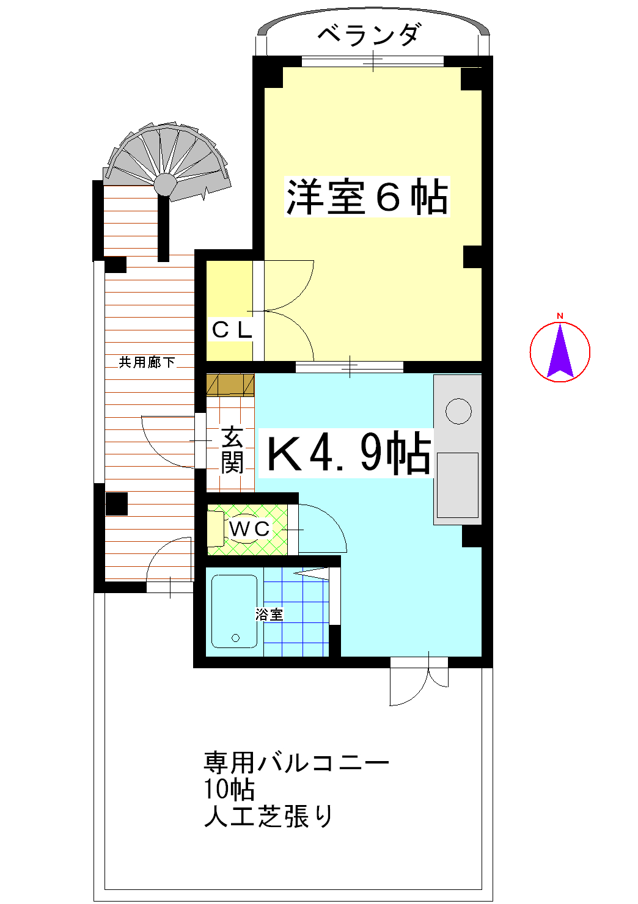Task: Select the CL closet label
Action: (232, 330)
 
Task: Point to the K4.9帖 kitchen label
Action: (348, 453)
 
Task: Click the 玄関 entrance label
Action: (232, 450)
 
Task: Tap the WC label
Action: (249, 528)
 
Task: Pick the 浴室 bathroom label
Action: (269, 614)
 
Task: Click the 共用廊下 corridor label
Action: (147, 362)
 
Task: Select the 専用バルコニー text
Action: (296, 762)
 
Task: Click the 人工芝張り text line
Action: (269, 816)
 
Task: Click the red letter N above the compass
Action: (560, 316)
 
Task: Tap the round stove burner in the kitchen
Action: (458, 411)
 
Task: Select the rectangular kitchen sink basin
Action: (457, 485)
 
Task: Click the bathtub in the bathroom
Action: (234, 611)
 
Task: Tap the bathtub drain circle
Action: (236, 638)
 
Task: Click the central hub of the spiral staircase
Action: (165, 184)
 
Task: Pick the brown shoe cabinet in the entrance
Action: (230, 385)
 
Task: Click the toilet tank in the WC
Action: (215, 529)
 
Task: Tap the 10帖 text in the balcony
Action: (229, 789)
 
